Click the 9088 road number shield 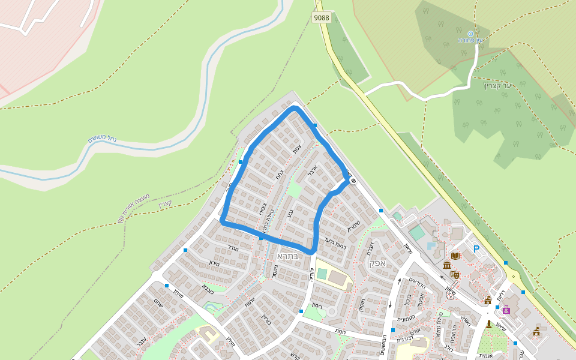point(322,17)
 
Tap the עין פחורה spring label point(471,40)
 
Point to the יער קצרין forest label point(498,86)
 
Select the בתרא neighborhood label point(287,256)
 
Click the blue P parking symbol point(476,249)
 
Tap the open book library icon point(455,256)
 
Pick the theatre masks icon point(455,274)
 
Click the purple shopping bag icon point(506,310)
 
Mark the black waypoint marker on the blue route point(353,181)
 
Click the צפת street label point(296,148)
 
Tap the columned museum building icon point(446,265)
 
